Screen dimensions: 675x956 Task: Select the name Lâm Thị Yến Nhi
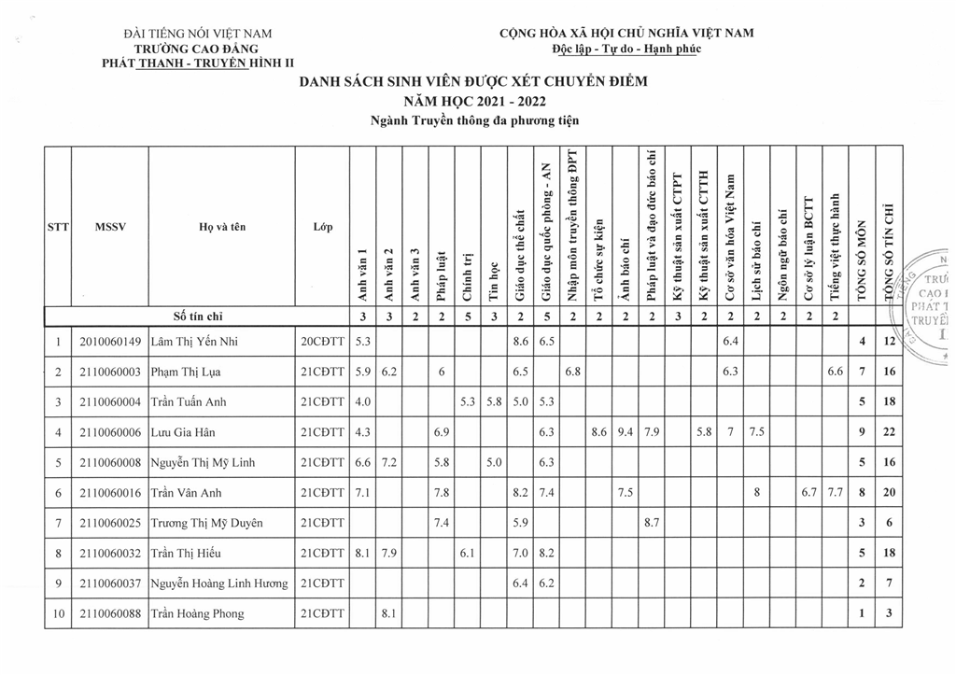[x=194, y=342]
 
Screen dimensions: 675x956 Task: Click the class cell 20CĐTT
[x=322, y=342]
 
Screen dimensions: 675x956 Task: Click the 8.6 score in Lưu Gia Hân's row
[x=598, y=432]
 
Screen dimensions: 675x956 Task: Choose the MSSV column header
[x=110, y=227]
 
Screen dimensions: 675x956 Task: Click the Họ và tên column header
[x=222, y=227]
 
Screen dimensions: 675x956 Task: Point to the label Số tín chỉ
[x=198, y=316]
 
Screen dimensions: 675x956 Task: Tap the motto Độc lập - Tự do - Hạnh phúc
[x=626, y=49]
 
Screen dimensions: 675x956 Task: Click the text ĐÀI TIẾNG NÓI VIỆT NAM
[x=197, y=34]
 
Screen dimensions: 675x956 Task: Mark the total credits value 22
[x=889, y=432]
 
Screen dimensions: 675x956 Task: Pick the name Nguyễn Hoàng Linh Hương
[x=218, y=584]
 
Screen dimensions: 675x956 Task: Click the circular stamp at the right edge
[x=928, y=303]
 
